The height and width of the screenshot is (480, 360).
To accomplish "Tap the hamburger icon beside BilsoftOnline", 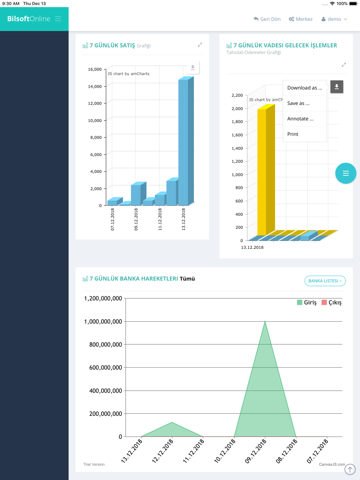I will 58,19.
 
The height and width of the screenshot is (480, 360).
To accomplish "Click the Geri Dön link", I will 267,19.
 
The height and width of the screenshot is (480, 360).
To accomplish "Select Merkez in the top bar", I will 301,19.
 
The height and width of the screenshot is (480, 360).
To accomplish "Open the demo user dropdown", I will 334,19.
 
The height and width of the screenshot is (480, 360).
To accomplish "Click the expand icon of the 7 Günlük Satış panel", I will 200,45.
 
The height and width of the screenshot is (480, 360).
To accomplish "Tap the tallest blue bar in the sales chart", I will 184,142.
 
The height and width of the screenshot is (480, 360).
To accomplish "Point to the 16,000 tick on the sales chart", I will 95,69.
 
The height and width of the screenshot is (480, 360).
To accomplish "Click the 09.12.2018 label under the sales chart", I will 136,219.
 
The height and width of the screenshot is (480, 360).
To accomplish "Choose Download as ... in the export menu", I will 305,88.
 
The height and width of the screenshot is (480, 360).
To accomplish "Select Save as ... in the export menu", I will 298,103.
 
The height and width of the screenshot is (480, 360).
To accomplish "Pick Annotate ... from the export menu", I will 300,119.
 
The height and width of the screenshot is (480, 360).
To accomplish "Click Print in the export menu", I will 293,134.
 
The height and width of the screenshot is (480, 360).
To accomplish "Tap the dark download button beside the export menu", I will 337,87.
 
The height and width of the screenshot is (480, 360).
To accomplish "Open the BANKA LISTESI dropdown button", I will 325,281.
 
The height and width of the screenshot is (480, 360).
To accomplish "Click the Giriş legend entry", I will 307,303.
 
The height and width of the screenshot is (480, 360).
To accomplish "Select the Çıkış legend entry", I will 332,303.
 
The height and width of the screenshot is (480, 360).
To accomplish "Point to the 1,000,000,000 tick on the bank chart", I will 103,322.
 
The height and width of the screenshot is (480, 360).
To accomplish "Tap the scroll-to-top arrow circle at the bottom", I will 350,469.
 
